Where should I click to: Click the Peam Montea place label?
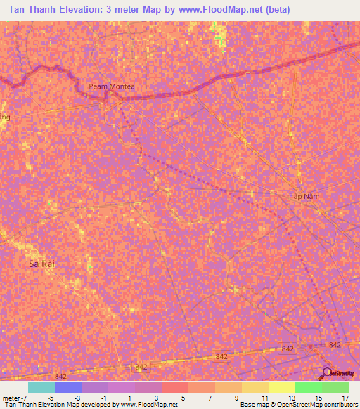111,86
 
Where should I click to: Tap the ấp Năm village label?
306,196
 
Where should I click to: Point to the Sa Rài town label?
41,264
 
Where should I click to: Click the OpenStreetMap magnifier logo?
326,372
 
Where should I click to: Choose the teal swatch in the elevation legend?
41,387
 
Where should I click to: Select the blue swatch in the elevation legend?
68,387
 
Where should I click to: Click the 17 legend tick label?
345,398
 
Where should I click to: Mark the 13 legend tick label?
291,398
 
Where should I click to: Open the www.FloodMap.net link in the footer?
149,405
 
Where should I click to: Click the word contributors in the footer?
336,405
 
